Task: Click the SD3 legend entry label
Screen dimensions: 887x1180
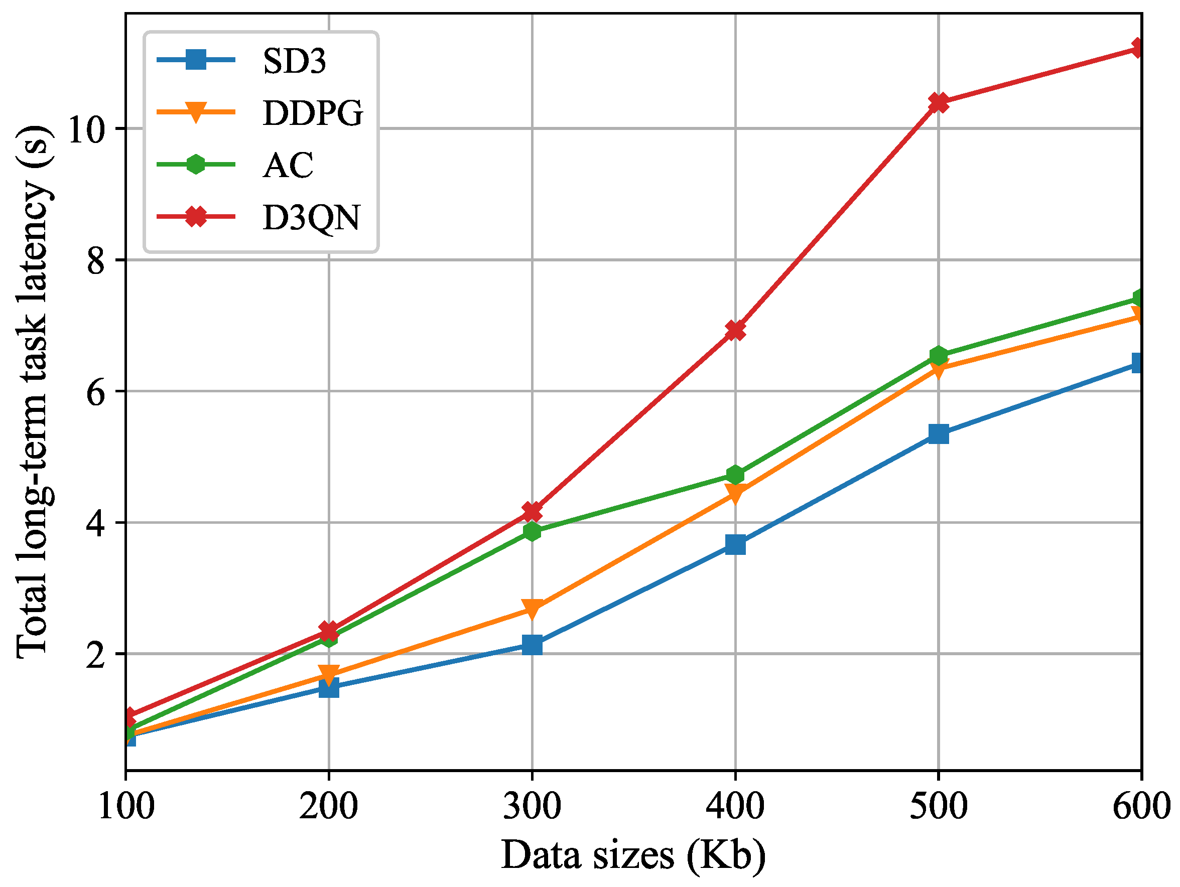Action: tap(294, 61)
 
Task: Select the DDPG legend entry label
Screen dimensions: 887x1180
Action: tap(313, 112)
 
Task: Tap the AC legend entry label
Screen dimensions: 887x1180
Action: tap(288, 165)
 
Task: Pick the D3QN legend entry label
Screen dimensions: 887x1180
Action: tap(312, 217)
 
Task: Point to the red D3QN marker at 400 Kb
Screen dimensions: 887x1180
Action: tap(735, 330)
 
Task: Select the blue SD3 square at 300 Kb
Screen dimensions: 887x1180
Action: tap(532, 645)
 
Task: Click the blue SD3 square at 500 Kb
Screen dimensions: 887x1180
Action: tap(939, 433)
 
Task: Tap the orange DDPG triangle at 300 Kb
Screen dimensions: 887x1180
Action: tap(532, 608)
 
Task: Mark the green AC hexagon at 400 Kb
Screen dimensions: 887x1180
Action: tap(735, 474)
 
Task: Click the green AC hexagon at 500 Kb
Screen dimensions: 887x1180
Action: tap(939, 355)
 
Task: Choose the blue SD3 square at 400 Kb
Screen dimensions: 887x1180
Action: tap(735, 545)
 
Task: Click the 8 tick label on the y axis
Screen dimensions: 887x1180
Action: tap(96, 261)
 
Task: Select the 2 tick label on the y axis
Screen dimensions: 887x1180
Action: tap(96, 654)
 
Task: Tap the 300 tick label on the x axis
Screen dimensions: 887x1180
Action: tap(532, 805)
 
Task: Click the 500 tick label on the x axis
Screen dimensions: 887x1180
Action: tap(939, 805)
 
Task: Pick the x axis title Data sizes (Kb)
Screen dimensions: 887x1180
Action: tap(633, 856)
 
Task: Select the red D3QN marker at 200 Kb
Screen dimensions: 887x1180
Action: tap(329, 631)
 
